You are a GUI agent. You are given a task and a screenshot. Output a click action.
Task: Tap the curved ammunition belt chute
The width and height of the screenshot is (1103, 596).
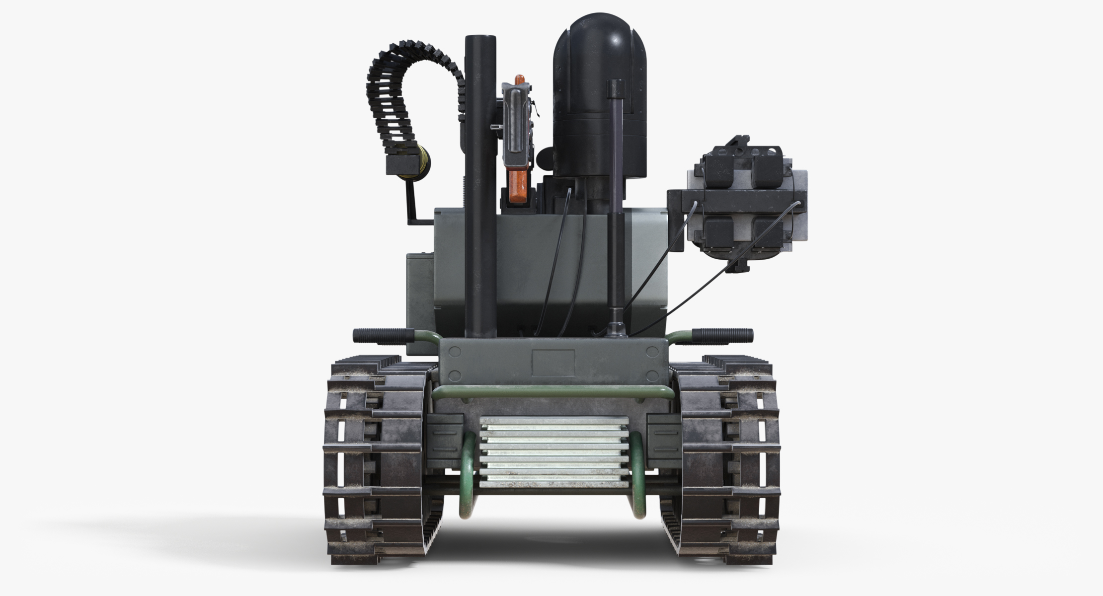[393, 94]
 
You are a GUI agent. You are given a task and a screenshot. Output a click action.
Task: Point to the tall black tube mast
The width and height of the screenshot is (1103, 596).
[480, 174]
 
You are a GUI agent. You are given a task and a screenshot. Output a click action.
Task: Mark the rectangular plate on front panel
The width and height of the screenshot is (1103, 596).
[553, 362]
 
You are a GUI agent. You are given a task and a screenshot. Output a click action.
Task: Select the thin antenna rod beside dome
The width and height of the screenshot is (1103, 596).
[615, 199]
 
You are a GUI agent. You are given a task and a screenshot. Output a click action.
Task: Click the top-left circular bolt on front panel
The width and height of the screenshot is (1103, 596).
[455, 352]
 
